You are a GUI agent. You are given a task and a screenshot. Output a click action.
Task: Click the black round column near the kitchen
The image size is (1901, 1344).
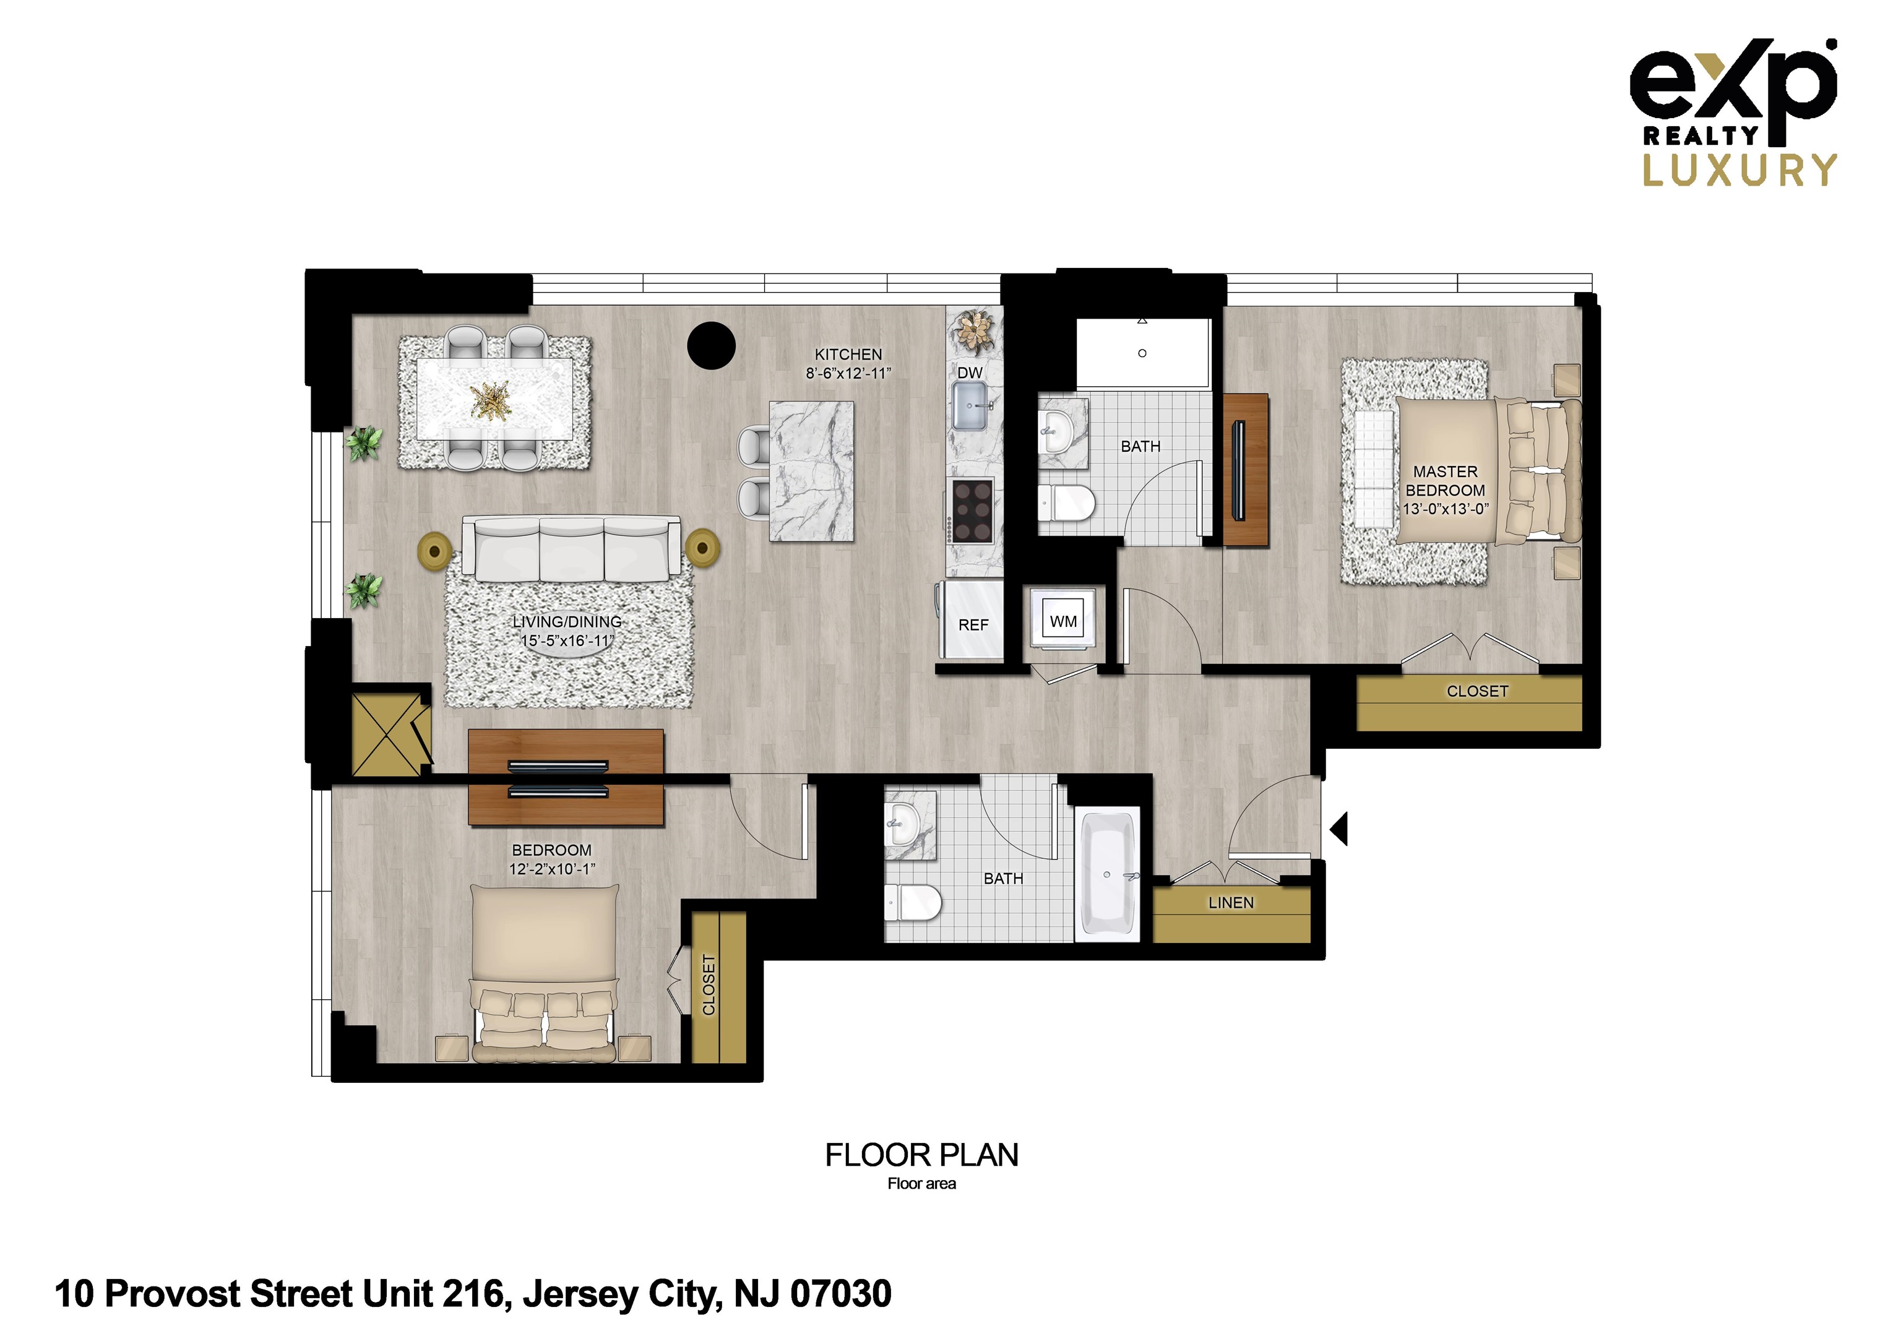point(711,345)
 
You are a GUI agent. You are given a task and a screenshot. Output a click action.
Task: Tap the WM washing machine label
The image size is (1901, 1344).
point(1063,621)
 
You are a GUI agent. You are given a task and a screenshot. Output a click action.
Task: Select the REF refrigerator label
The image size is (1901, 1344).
point(973,625)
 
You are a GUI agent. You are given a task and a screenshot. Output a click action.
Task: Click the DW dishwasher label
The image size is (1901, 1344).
point(970,373)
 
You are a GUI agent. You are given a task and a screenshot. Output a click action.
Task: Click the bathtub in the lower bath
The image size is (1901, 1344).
point(1107,876)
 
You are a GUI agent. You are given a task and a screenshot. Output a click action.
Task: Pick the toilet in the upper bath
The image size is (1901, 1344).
point(1067,502)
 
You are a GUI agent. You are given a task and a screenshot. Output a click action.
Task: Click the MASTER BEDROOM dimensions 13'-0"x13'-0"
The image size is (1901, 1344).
point(1445,509)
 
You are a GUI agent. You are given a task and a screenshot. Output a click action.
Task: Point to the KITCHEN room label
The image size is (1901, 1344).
point(848,355)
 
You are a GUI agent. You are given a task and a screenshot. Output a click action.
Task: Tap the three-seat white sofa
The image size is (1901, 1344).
point(571,548)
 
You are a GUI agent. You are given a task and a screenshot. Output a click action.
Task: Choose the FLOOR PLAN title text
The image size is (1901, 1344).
point(921,1155)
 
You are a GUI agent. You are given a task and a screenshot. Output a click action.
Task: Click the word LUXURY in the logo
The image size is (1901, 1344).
point(1739,170)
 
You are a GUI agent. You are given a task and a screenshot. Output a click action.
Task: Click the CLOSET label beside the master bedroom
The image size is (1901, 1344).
point(1477,691)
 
